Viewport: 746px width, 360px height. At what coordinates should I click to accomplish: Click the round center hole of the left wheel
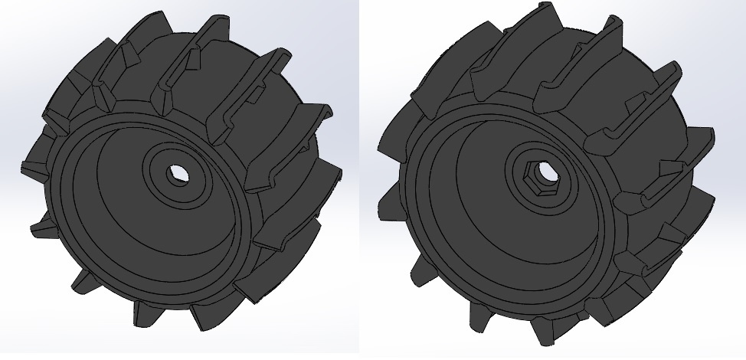tap(178, 175)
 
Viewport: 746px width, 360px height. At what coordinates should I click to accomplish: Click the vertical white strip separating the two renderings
tap(360, 180)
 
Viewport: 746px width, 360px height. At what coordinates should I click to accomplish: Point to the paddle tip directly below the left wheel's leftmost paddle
tap(38, 226)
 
